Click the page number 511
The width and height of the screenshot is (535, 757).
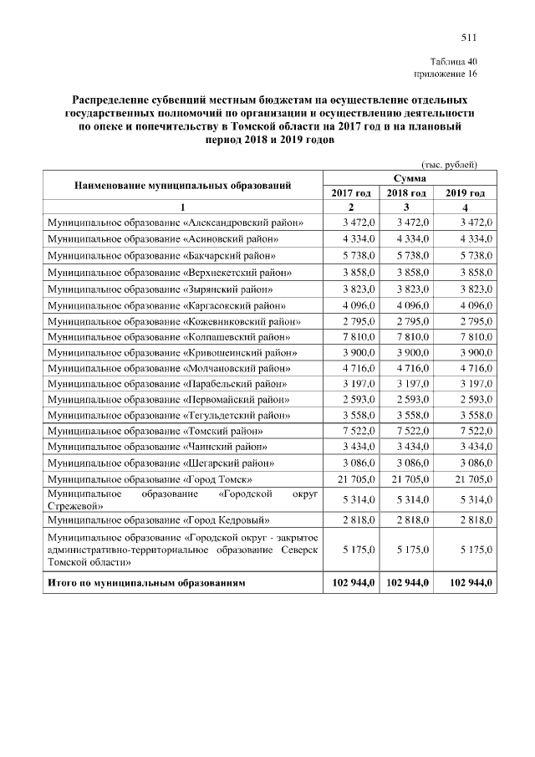click(468, 37)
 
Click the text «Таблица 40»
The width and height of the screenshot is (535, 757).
click(453, 62)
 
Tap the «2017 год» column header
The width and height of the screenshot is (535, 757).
click(351, 193)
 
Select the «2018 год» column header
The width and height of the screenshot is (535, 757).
click(407, 193)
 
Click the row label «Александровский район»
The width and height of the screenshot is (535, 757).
click(175, 222)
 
